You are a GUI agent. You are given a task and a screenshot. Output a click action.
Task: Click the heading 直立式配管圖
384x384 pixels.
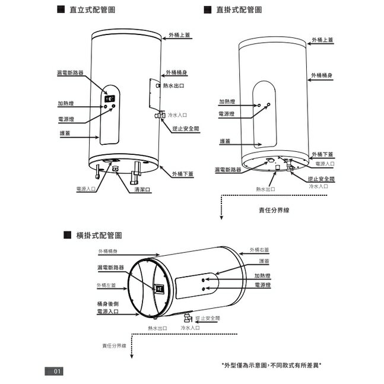point(92,11)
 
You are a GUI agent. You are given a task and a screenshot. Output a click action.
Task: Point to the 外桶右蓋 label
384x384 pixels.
point(259,250)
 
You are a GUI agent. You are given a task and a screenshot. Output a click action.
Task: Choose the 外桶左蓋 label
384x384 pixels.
point(106,285)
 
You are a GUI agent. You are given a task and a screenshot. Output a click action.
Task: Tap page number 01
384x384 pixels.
point(57,372)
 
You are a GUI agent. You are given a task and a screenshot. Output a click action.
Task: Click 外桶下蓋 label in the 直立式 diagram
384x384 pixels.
point(183,174)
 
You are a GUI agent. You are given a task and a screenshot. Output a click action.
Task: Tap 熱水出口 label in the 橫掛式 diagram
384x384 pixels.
point(157,328)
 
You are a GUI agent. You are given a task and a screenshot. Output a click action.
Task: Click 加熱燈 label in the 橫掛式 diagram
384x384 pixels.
point(262,275)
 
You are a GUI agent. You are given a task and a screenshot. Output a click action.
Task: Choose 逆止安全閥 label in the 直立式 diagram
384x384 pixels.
point(185,129)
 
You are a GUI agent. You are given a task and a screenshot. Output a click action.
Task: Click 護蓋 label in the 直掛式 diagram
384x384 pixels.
point(225,141)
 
